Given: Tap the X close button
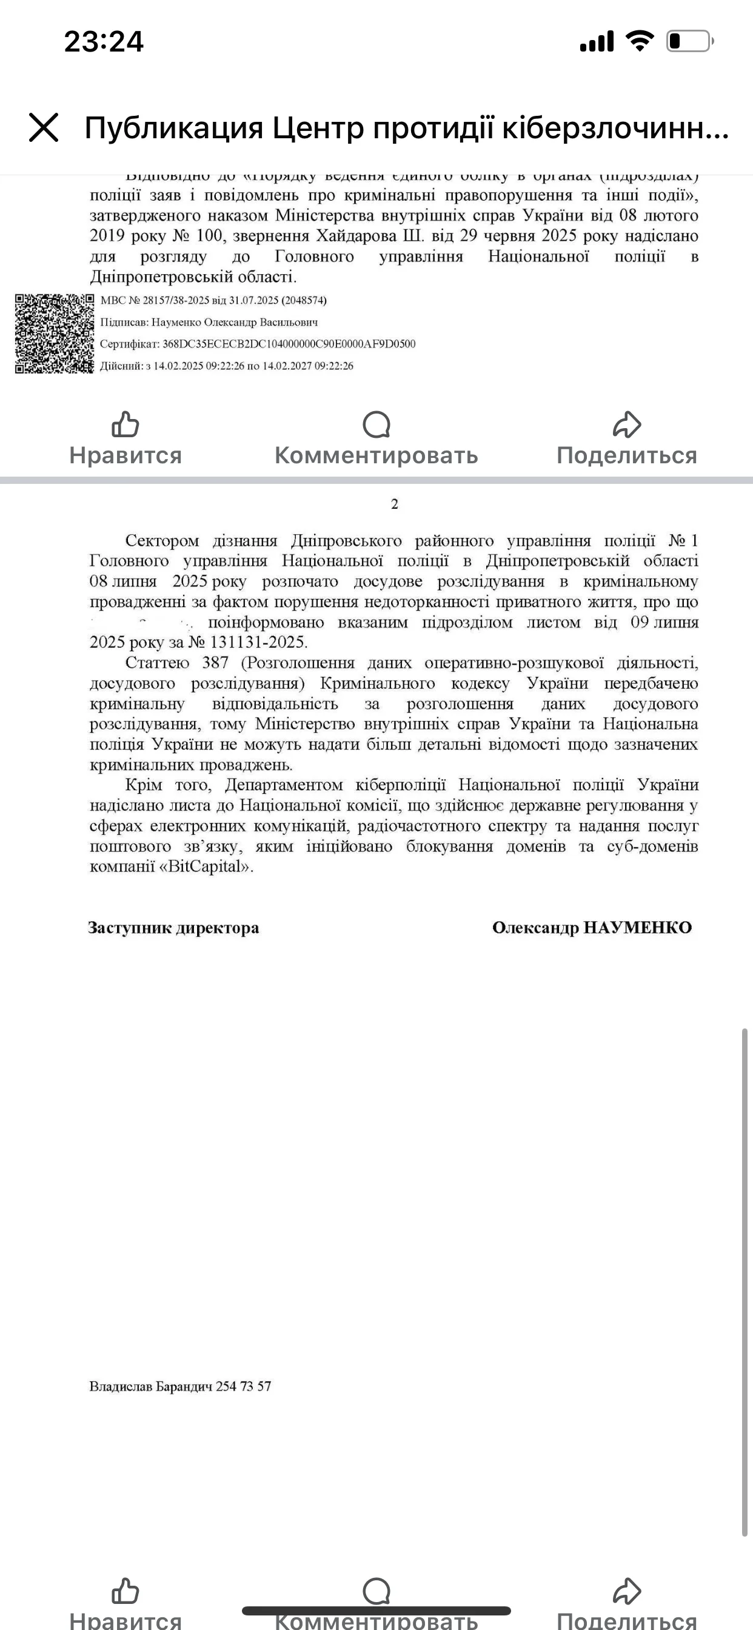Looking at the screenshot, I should [x=44, y=127].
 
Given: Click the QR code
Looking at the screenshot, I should [x=55, y=334].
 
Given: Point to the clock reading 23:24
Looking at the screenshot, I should [x=104, y=42].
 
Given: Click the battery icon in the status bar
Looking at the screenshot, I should [x=689, y=42].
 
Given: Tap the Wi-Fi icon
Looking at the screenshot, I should [x=639, y=42].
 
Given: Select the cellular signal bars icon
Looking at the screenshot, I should [x=597, y=42].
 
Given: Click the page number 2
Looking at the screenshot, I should [x=395, y=505].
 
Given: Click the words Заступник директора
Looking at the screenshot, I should [x=173, y=928].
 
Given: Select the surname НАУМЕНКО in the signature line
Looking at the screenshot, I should [x=637, y=928].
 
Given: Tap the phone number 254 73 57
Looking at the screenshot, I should [x=243, y=1386].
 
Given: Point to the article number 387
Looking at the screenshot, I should [x=215, y=663].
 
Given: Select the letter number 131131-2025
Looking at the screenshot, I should [x=258, y=642].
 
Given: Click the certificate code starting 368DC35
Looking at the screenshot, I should [x=289, y=344].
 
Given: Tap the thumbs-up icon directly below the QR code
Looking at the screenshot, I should [x=125, y=424].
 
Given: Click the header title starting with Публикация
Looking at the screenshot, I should [x=406, y=128].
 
